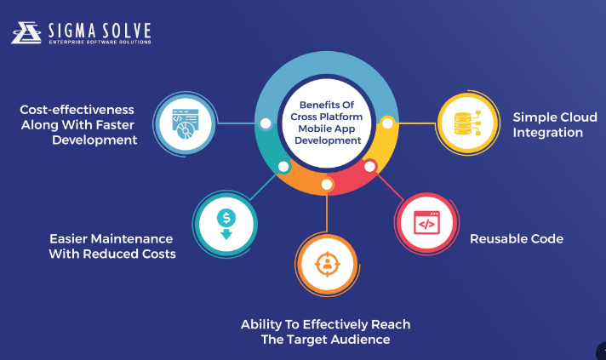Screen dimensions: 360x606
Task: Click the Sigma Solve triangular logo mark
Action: pos(26,31)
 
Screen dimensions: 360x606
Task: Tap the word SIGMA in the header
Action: pos(73,28)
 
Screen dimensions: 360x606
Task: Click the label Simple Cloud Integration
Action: pos(548,124)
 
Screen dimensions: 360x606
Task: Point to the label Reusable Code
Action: pos(517,239)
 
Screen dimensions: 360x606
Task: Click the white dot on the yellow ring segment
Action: pos(387,123)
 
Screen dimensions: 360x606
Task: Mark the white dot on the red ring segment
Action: pos(370,166)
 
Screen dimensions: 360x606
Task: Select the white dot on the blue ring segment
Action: pos(266,123)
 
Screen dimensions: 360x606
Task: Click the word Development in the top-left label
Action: pos(94,140)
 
